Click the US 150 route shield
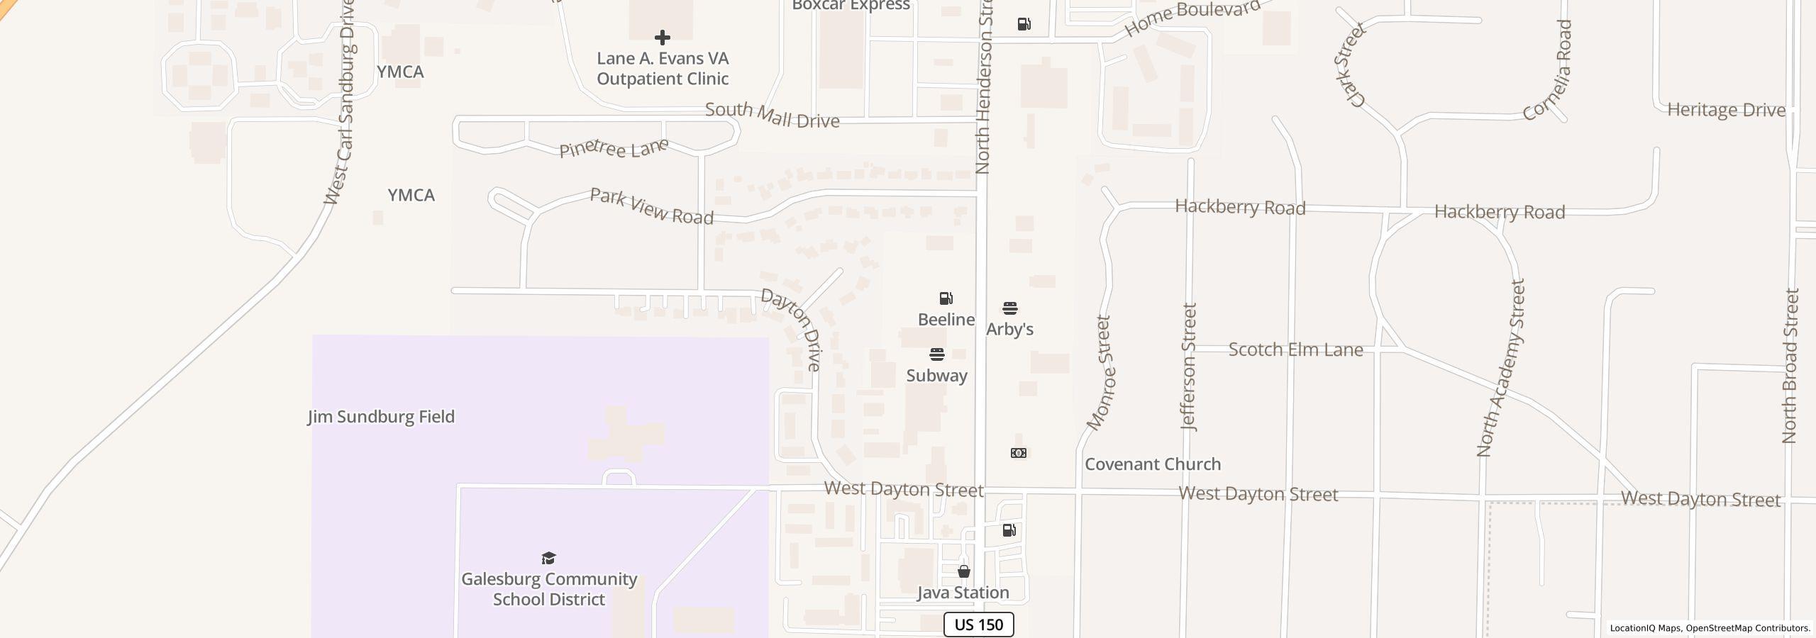coord(978,625)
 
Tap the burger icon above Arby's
coord(1010,308)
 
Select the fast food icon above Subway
coord(937,354)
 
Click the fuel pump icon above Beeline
coord(946,298)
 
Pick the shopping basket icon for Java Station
coord(963,571)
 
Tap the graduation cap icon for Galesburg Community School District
coord(548,559)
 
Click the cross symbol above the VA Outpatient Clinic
coord(662,38)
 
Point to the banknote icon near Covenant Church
coord(1018,453)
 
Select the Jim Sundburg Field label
coord(381,417)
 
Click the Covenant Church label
coord(1153,464)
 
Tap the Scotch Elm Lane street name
coord(1295,349)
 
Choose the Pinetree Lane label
coord(614,149)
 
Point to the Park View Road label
coord(651,206)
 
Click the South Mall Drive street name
coord(772,116)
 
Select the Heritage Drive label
coord(1726,110)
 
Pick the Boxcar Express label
coord(851,6)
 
